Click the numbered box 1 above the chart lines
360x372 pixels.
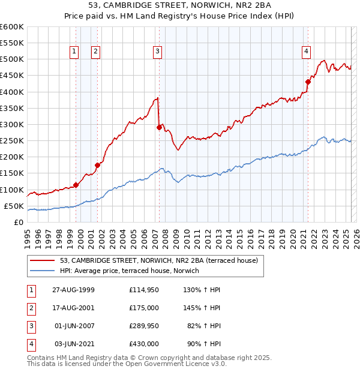coord(73,52)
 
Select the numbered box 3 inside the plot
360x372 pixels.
coord(157,52)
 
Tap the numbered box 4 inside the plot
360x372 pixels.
coord(306,52)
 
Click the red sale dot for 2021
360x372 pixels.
coord(308,82)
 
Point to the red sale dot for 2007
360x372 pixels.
coord(159,127)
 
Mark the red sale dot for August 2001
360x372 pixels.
coord(97,165)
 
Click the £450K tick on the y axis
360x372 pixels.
coord(11,76)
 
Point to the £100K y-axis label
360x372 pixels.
coord(11,190)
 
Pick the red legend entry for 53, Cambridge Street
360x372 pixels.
coord(159,260)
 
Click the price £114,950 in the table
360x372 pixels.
coord(143,290)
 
